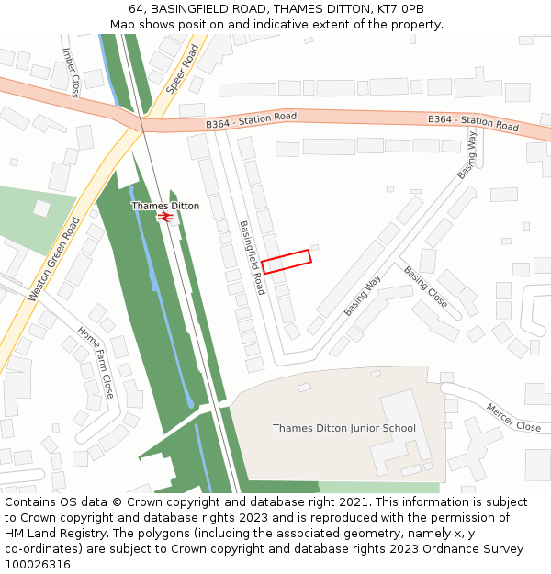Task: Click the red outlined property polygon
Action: (x=287, y=262)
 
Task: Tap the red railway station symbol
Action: (x=165, y=218)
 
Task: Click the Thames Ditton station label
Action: (x=165, y=206)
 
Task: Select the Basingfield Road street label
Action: (x=252, y=257)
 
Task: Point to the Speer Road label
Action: (x=182, y=68)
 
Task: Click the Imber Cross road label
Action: (x=71, y=73)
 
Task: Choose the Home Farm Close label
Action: (x=96, y=362)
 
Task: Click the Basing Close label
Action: (x=426, y=287)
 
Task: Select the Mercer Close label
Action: (x=514, y=418)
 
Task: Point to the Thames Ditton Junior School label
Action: (x=344, y=428)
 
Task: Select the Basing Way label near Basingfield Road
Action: (x=363, y=296)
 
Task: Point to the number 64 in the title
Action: (x=136, y=9)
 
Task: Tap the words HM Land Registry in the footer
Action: (x=46, y=533)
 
